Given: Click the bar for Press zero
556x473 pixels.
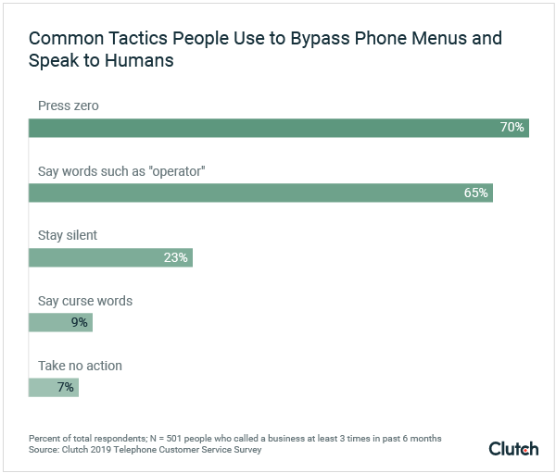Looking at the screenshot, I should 278,128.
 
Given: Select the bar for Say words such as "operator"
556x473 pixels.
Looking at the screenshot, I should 260,193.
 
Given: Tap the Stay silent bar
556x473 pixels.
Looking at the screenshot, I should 110,257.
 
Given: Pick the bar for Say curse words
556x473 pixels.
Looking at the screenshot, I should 60,322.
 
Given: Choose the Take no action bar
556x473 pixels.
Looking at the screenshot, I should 54,387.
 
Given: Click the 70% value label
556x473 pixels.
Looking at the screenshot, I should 512,128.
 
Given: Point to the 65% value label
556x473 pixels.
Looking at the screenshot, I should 475,193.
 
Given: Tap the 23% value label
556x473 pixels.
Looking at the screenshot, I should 176,257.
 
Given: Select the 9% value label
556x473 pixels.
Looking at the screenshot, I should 79,322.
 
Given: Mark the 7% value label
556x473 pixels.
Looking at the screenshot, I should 65,387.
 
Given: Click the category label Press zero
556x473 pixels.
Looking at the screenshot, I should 68,106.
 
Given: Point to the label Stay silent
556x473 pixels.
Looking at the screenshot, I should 67,235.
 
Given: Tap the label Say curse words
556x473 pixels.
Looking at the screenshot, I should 84,301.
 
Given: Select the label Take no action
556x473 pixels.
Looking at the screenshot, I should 80,366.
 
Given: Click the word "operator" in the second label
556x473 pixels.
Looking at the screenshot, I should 172,171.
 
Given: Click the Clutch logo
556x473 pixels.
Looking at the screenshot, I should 513,448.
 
